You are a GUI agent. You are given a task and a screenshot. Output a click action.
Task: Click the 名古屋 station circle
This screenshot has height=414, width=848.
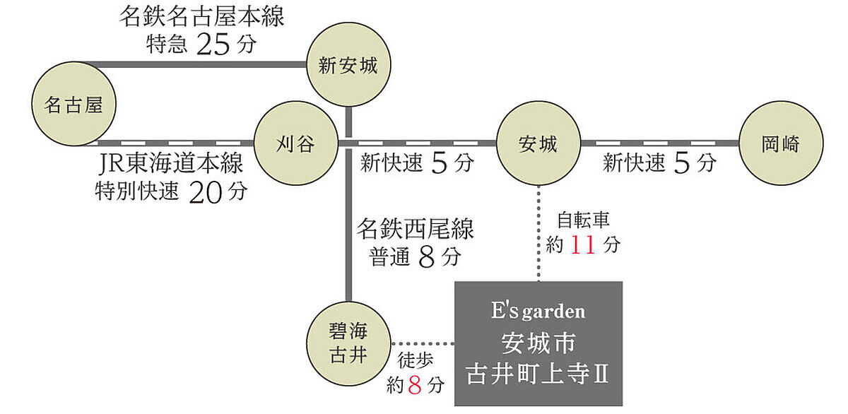click(x=73, y=105)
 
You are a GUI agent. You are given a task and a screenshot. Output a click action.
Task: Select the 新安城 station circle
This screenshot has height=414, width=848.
click(x=348, y=66)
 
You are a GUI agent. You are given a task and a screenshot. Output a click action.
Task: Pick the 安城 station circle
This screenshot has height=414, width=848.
click(x=538, y=144)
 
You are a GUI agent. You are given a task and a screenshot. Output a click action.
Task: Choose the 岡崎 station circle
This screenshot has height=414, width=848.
click(x=780, y=144)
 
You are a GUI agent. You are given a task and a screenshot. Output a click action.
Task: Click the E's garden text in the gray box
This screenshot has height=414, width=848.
click(x=538, y=310)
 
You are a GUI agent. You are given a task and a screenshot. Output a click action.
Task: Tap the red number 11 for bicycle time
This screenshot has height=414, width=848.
click(x=583, y=245)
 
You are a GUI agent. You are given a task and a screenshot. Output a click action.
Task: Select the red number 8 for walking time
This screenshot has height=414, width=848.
click(x=415, y=386)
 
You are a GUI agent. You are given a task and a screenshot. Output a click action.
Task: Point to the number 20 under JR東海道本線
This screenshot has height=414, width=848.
click(x=206, y=192)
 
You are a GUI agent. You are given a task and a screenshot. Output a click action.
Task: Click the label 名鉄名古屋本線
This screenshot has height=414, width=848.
click(x=201, y=16)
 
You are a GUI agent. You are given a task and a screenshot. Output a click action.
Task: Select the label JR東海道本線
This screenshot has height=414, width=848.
click(x=172, y=164)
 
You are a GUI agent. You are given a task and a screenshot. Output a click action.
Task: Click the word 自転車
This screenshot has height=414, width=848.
click(x=583, y=219)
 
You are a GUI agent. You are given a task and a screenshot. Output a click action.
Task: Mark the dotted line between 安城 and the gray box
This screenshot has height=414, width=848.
click(x=538, y=233)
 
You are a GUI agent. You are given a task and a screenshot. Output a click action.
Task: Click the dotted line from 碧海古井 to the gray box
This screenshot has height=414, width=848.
click(x=422, y=344)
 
